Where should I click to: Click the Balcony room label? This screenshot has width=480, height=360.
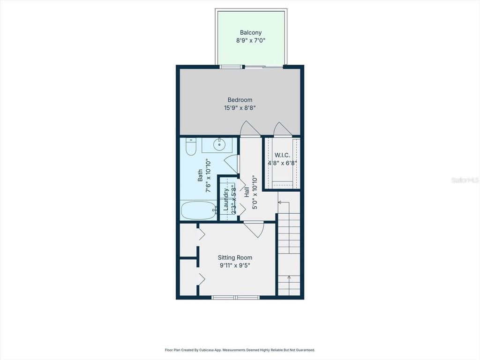[x=251, y=33]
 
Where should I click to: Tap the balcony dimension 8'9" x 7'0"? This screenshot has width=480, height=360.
[x=251, y=41]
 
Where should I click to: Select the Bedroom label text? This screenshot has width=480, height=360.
[x=240, y=100]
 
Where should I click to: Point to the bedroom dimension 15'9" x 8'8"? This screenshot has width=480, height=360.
[x=240, y=108]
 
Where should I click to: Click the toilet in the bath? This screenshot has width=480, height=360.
[x=190, y=147]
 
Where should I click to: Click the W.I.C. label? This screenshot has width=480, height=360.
[x=282, y=155]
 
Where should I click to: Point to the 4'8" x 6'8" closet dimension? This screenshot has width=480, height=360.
[x=282, y=163]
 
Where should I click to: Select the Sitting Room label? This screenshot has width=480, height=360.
[x=235, y=257]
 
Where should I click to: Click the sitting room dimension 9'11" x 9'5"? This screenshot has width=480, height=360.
[x=235, y=265]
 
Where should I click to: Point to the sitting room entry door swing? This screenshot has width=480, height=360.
[x=254, y=228]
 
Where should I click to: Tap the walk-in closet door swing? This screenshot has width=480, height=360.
[x=283, y=129]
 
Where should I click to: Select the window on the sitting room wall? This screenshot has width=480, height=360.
[x=235, y=297]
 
